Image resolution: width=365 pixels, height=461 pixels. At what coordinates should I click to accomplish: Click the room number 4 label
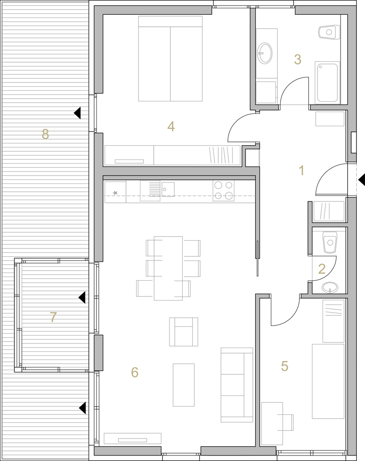(171, 127)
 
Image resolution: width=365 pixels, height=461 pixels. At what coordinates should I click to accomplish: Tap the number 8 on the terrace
(45, 134)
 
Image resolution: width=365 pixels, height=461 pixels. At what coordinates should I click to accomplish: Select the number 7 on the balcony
(53, 317)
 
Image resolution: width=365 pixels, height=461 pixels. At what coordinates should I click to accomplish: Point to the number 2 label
(322, 269)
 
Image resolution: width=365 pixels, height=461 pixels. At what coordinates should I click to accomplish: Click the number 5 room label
(284, 366)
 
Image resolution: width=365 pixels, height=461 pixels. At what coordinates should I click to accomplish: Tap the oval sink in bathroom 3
(264, 53)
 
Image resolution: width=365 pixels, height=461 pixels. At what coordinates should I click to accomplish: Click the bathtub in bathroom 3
(327, 83)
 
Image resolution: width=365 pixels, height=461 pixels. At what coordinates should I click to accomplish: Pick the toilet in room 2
(330, 242)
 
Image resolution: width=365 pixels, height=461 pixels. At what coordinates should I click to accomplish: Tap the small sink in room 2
(329, 288)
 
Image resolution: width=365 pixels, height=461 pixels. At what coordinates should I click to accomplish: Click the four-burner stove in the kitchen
(224, 190)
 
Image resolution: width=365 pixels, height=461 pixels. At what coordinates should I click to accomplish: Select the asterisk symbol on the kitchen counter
(115, 193)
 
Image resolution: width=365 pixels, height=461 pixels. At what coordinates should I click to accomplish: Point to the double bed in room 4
(170, 59)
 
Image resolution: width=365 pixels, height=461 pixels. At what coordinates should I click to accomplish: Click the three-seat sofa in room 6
(237, 385)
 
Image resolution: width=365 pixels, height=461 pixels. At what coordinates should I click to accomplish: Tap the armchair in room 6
(183, 331)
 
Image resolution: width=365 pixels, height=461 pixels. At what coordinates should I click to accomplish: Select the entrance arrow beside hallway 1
(362, 179)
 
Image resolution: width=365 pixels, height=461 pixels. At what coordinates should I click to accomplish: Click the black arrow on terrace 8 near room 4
(77, 113)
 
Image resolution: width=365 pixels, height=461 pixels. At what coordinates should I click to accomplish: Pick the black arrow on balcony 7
(82, 297)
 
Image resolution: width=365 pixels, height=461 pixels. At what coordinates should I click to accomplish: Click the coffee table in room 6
(184, 385)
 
